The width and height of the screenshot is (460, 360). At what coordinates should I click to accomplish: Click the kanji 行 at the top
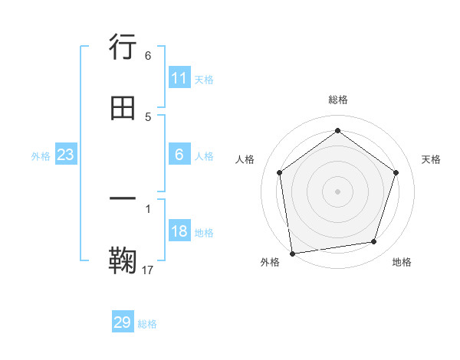(123, 47)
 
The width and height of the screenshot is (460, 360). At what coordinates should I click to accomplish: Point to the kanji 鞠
(123, 260)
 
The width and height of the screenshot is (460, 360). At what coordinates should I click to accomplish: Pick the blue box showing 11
(179, 78)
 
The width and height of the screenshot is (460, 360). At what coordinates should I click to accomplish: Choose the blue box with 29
(123, 322)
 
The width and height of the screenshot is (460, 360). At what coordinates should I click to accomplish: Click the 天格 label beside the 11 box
(204, 79)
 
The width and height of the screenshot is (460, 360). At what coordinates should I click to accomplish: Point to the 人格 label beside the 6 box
(204, 156)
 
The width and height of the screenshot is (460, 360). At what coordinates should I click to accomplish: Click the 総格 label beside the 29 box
(147, 324)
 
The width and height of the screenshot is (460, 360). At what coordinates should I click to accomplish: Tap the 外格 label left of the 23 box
(41, 156)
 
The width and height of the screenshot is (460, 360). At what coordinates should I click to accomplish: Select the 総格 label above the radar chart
(337, 100)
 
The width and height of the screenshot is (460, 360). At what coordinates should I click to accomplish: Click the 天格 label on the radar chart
(431, 159)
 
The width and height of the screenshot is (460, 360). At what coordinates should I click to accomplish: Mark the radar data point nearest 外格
(292, 253)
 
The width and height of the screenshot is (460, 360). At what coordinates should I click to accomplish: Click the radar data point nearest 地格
(374, 242)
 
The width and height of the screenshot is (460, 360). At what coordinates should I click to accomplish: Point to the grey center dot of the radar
(337, 191)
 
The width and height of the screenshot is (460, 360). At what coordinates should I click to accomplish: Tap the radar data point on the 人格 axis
(279, 172)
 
